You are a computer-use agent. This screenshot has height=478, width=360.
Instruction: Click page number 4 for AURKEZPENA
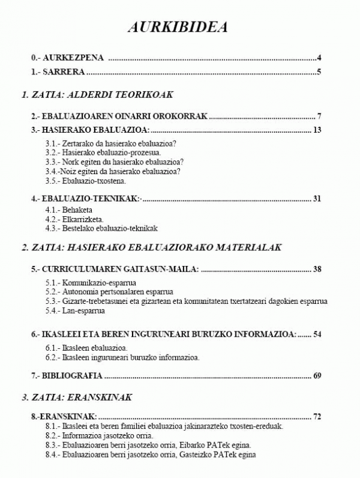(x=320, y=58)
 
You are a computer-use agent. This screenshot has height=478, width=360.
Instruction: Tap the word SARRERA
(x=64, y=73)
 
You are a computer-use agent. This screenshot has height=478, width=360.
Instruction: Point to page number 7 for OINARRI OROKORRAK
(x=320, y=116)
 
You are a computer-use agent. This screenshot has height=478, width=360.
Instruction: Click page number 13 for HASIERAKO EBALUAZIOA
(x=318, y=130)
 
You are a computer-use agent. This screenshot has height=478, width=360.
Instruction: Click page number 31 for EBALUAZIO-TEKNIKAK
(x=318, y=199)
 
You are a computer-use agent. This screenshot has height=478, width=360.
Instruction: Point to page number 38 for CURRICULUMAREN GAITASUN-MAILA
(x=318, y=268)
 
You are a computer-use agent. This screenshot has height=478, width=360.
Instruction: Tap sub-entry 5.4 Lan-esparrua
(x=75, y=310)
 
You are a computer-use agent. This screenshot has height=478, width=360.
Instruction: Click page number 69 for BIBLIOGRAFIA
(x=318, y=376)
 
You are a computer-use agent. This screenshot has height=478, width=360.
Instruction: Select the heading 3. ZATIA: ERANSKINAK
(x=76, y=397)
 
